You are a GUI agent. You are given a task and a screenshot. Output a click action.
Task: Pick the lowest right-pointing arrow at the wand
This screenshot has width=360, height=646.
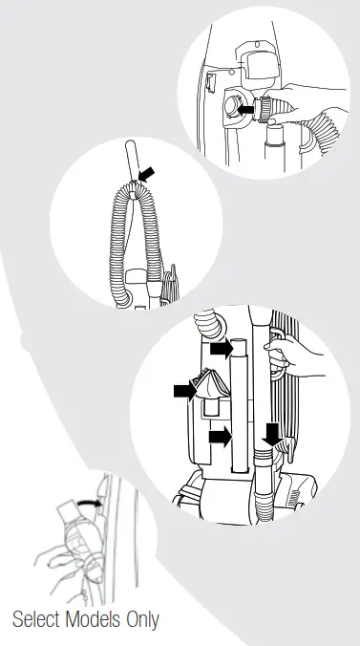click(221, 437)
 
